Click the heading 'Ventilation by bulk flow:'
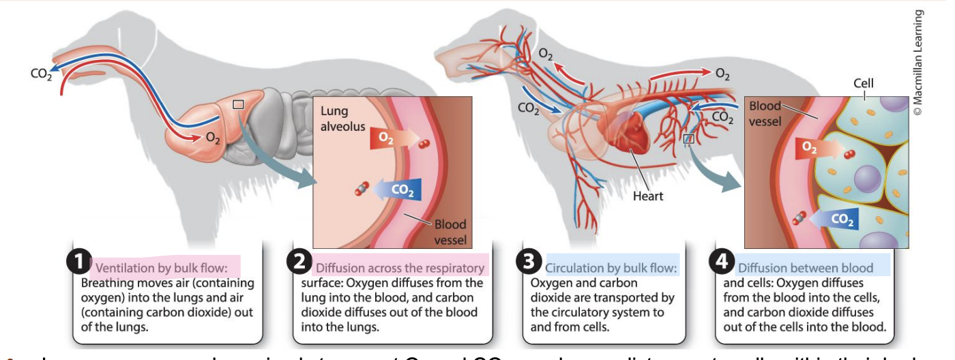pyautogui.click(x=167, y=267)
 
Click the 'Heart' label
pyautogui.click(x=647, y=196)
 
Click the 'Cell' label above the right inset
pyautogui.click(x=863, y=83)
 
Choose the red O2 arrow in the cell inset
pyautogui.click(x=813, y=148)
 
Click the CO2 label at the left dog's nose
pyautogui.click(x=41, y=74)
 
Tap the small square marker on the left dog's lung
pyautogui.click(x=237, y=104)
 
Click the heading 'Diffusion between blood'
pyautogui.click(x=805, y=267)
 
